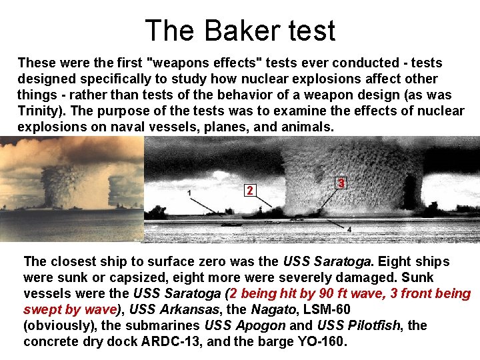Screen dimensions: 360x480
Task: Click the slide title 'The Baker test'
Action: click(x=240, y=30)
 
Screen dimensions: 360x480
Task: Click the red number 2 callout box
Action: click(x=249, y=191)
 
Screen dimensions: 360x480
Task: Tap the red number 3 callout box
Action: click(x=341, y=183)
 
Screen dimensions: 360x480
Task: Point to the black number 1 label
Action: click(x=191, y=193)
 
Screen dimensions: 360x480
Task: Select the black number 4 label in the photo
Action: click(x=349, y=230)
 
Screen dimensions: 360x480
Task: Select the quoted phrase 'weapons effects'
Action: click(x=206, y=63)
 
